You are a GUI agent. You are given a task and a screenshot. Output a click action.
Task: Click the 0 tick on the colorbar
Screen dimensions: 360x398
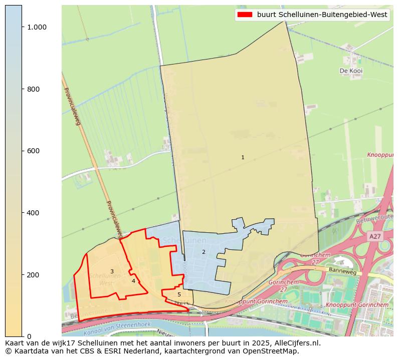point(23,336)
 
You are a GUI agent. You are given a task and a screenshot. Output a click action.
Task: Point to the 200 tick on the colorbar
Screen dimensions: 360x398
point(23,275)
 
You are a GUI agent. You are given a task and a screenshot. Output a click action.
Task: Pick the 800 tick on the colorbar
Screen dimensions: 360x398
point(23,89)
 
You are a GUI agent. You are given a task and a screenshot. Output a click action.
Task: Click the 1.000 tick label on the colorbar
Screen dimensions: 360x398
point(37,27)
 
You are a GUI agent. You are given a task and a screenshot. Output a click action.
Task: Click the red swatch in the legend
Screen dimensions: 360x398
point(246,15)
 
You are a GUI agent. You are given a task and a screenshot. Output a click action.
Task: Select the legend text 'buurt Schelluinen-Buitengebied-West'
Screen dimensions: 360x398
point(322,15)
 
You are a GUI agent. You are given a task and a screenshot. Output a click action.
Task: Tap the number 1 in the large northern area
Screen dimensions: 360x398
point(243,157)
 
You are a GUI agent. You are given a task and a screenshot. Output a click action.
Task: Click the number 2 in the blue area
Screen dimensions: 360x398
point(204,252)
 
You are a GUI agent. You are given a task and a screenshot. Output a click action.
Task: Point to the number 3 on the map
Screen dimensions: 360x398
point(112,272)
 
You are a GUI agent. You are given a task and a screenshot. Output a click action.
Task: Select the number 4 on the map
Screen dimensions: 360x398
point(133,281)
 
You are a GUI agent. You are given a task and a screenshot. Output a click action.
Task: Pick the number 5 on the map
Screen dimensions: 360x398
point(179,294)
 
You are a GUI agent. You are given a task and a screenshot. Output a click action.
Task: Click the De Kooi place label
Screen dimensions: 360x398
point(351,71)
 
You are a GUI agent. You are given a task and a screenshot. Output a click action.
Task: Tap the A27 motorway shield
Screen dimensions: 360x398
point(374,236)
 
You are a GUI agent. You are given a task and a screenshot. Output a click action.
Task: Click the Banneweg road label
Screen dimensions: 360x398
point(342,271)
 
